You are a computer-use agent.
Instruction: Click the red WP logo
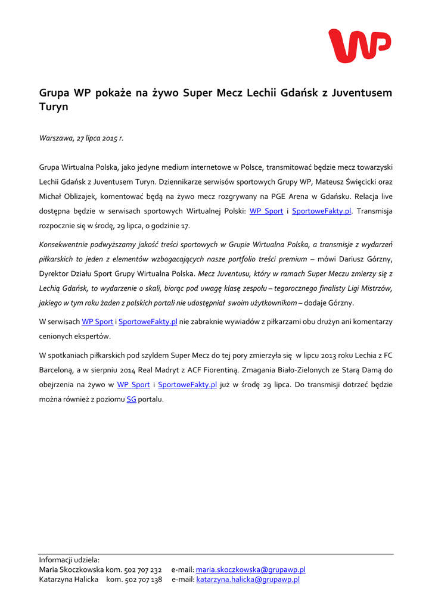pos(359,46)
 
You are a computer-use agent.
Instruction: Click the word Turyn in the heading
pos(54,107)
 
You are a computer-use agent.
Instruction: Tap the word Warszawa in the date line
pos(56,138)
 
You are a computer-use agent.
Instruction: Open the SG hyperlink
pos(132,400)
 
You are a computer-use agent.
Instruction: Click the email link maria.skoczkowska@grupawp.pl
pos(250,570)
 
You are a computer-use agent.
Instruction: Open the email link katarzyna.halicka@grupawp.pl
pos(248,580)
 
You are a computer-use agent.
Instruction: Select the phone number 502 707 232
pos(143,570)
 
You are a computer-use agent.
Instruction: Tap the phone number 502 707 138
pos(143,580)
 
